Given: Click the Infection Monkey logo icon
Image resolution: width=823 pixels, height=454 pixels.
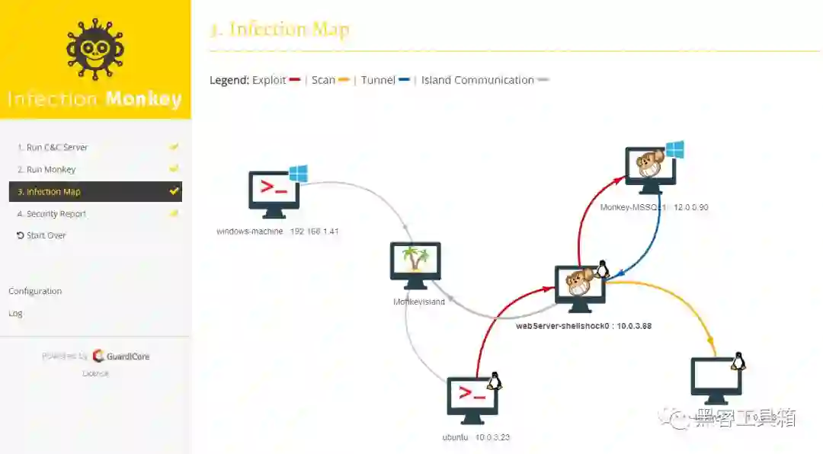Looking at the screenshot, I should pos(94,50).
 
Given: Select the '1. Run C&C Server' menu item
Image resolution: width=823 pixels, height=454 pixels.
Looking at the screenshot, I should pos(56,147).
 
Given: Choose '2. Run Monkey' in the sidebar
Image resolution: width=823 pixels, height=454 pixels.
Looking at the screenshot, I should pos(51,169).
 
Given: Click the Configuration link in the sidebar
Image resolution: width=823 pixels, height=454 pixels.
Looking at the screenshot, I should pos(35,291).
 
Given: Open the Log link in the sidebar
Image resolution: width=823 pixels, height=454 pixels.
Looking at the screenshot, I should pos(15,313).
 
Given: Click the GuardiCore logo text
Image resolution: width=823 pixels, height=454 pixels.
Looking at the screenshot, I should pos(121,356).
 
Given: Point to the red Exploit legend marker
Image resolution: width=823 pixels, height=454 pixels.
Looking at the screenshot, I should pos(296,80).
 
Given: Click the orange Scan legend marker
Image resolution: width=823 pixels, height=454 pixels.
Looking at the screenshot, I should pos(344,80).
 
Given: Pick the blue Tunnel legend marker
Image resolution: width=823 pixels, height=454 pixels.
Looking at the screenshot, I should pos(405,80).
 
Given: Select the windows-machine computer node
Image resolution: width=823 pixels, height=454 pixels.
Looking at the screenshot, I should pos(274,193).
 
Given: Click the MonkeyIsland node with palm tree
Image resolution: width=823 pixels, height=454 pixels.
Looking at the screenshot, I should pos(415,265).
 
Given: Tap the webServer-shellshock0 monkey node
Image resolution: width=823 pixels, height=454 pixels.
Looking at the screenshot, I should pos(580,287).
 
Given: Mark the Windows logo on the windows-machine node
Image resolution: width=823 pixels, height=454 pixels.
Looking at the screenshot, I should pos(298,174).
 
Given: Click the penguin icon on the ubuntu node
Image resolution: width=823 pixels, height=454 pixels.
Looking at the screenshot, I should pos(494,381).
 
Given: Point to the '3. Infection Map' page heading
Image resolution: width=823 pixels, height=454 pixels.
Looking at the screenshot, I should pos(279,30).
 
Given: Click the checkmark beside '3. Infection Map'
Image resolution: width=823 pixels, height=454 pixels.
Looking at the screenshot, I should pos(175,191).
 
